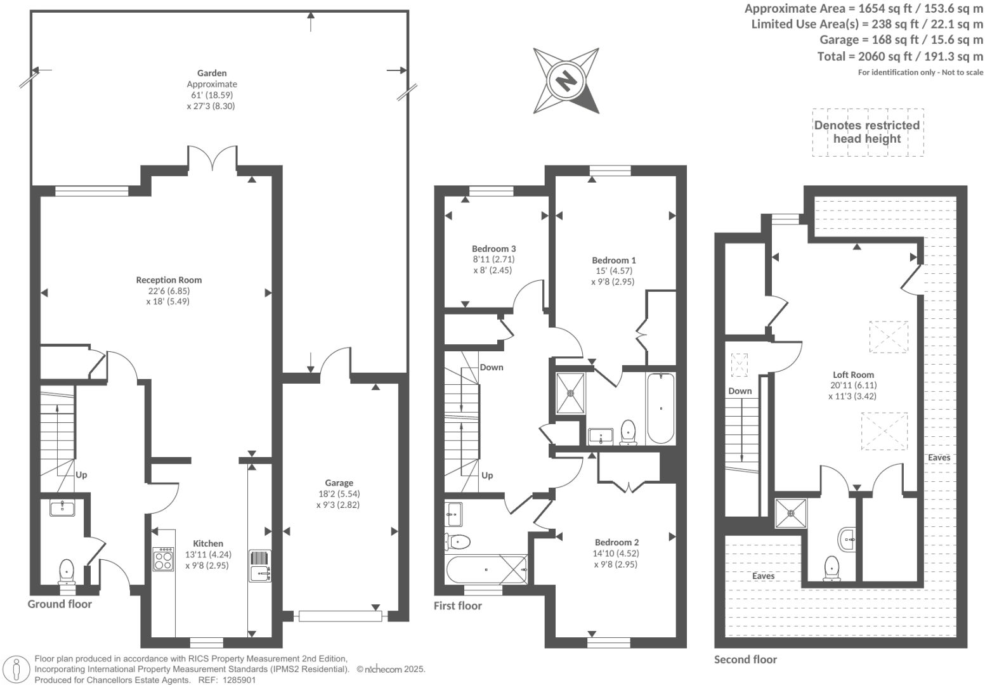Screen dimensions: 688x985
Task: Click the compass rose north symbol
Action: (565, 81)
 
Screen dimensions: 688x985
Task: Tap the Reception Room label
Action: (169, 280)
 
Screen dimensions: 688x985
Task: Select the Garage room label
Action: (339, 483)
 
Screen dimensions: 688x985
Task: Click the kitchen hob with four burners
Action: (163, 559)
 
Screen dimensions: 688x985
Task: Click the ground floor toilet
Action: (67, 571)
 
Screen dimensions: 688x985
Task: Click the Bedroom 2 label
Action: (616, 542)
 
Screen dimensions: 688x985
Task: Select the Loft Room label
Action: (853, 375)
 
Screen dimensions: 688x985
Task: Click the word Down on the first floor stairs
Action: (492, 367)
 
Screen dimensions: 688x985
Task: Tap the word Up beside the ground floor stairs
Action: (81, 474)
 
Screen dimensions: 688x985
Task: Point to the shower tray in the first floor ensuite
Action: (571, 393)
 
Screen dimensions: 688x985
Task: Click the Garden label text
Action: (212, 73)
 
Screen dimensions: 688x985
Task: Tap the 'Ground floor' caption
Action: (60, 604)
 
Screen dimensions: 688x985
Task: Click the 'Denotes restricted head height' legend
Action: (867, 132)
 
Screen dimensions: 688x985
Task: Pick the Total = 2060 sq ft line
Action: (900, 56)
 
